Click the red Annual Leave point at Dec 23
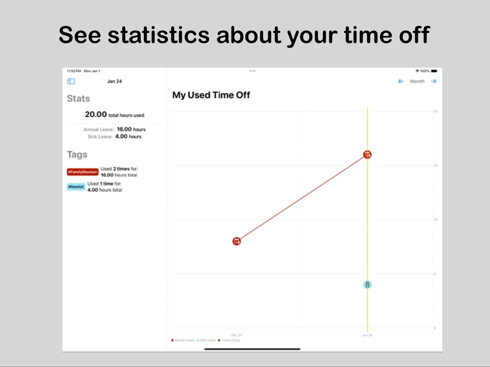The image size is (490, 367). pos(237,241)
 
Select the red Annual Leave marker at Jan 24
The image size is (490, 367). pos(367,154)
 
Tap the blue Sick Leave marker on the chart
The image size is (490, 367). pos(367,285)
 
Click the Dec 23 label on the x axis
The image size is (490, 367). pos(236,335)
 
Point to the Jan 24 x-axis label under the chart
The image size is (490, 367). pos(367,335)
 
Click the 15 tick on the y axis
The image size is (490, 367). pos(435,165)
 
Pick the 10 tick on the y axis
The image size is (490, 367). pos(435,220)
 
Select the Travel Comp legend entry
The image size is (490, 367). pos(230,340)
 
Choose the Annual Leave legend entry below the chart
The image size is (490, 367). pos(184,340)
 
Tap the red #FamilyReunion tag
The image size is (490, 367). pos(82,172)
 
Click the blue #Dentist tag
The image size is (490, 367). pos(76,187)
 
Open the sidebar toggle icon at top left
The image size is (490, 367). pos(71,81)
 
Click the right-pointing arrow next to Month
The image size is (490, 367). pos(433,81)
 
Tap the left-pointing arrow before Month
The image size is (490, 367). pos(401,81)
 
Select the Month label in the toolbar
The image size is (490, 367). pos(417,81)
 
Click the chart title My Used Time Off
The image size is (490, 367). pos(211,95)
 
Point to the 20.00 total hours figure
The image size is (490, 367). pos(96,115)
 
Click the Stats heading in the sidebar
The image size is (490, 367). pos(78,98)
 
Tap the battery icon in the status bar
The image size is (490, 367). pos(434,71)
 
